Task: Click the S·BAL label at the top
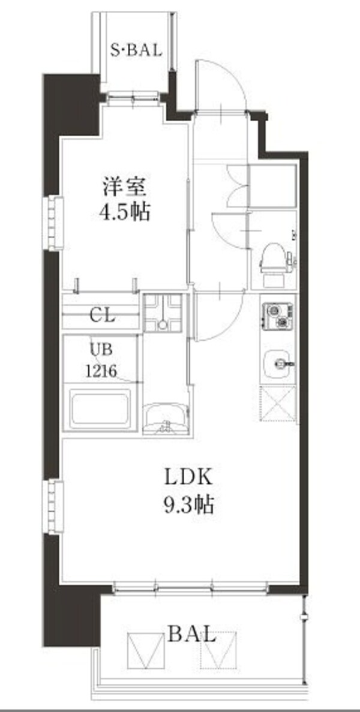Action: [136, 50]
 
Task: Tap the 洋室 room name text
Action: [124, 187]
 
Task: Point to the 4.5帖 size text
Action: [124, 212]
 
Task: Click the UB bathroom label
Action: [100, 348]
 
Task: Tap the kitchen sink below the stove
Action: [278, 362]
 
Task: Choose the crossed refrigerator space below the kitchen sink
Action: [278, 404]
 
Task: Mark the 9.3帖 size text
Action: [187, 505]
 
